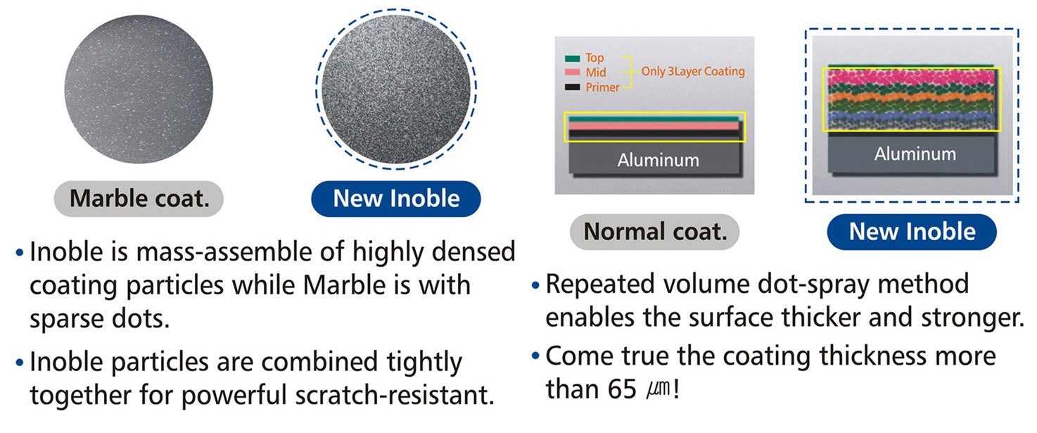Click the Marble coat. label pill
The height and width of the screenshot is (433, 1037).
[x=139, y=199]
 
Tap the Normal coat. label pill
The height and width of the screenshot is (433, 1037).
[x=654, y=232]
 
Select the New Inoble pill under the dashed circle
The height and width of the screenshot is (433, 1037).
[x=396, y=199]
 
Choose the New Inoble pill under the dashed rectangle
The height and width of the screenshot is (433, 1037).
[x=912, y=232]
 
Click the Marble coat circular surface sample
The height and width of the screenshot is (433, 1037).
[x=139, y=89]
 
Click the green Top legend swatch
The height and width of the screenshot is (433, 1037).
[x=572, y=58]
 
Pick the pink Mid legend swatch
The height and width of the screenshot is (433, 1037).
[x=572, y=73]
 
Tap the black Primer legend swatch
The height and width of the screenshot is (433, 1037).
[x=572, y=87]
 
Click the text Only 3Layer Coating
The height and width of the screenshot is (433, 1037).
[x=693, y=71]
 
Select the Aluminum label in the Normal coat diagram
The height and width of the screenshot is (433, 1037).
[x=658, y=161]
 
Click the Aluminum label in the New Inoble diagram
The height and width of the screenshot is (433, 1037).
[x=915, y=153]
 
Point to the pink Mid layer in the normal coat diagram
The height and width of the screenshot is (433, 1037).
[x=654, y=126]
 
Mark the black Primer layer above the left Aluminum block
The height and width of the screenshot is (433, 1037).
[x=654, y=134]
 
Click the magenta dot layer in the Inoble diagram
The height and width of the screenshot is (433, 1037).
[x=911, y=77]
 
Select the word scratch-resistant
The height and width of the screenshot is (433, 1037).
[x=395, y=395]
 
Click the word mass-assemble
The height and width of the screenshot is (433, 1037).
[x=241, y=252]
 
